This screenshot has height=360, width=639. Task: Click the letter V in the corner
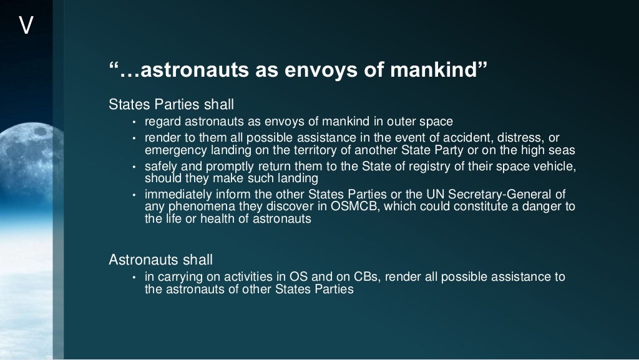point(26,26)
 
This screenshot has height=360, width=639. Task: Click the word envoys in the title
point(312,71)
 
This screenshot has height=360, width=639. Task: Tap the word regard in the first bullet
point(162,122)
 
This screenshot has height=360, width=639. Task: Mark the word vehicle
point(552,167)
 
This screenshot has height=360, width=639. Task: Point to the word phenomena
point(194,207)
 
